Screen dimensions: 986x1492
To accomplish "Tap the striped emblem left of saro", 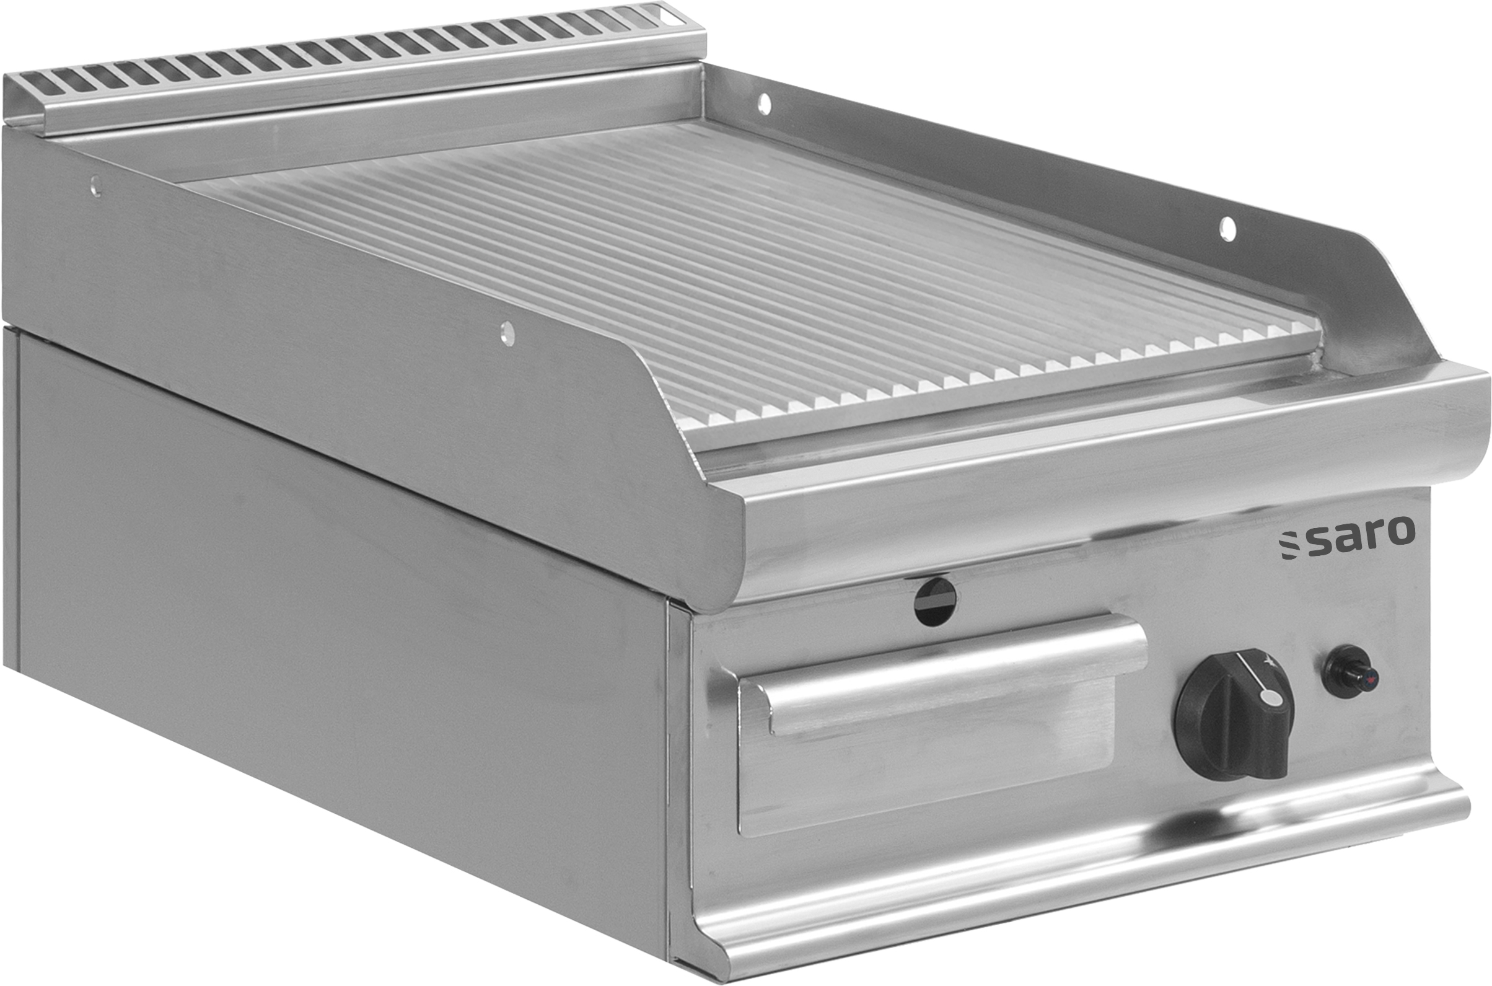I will [1288, 545].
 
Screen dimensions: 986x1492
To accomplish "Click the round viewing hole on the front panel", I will [936, 602].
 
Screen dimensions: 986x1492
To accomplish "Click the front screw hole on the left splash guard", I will [507, 333].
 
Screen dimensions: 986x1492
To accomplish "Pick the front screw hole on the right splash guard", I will [1227, 229].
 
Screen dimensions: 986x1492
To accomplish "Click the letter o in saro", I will [1401, 532].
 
